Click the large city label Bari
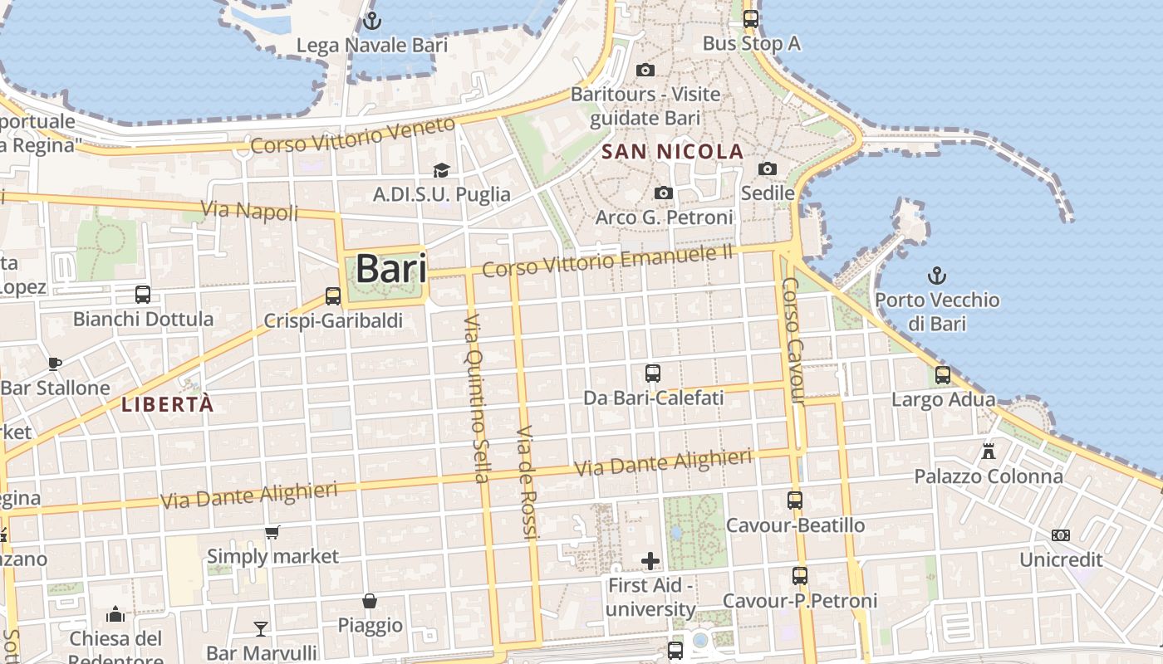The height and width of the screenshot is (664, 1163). pyautogui.click(x=391, y=269)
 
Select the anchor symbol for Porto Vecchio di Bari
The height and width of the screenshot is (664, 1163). pyautogui.click(x=937, y=275)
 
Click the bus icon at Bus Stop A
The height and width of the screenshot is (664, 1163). pyautogui.click(x=751, y=18)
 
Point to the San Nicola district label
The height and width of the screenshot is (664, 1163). pyautogui.click(x=673, y=152)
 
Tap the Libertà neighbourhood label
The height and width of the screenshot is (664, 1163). pyautogui.click(x=167, y=405)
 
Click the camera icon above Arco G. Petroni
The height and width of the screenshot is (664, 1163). pyautogui.click(x=663, y=193)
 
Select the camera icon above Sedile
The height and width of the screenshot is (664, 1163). pyautogui.click(x=768, y=169)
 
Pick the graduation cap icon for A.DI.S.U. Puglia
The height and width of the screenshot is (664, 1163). pyautogui.click(x=441, y=170)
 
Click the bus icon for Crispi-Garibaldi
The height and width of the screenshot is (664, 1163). pyautogui.click(x=333, y=295)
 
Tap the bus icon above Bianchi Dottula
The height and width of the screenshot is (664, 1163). pyautogui.click(x=143, y=294)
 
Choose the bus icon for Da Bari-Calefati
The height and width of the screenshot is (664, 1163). pyautogui.click(x=653, y=373)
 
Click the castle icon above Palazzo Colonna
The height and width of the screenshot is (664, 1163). pyautogui.click(x=989, y=452)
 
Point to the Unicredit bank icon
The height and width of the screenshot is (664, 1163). pyautogui.click(x=1061, y=535)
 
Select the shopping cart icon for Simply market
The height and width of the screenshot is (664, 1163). pyautogui.click(x=272, y=532)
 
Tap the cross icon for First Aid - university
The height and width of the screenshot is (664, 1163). pyautogui.click(x=650, y=562)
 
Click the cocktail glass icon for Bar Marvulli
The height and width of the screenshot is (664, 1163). pyautogui.click(x=261, y=628)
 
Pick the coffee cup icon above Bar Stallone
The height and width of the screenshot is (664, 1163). pyautogui.click(x=55, y=364)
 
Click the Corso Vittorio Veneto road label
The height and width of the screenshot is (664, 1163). pyautogui.click(x=353, y=135)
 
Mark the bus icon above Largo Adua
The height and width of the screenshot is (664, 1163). pyautogui.click(x=943, y=375)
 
